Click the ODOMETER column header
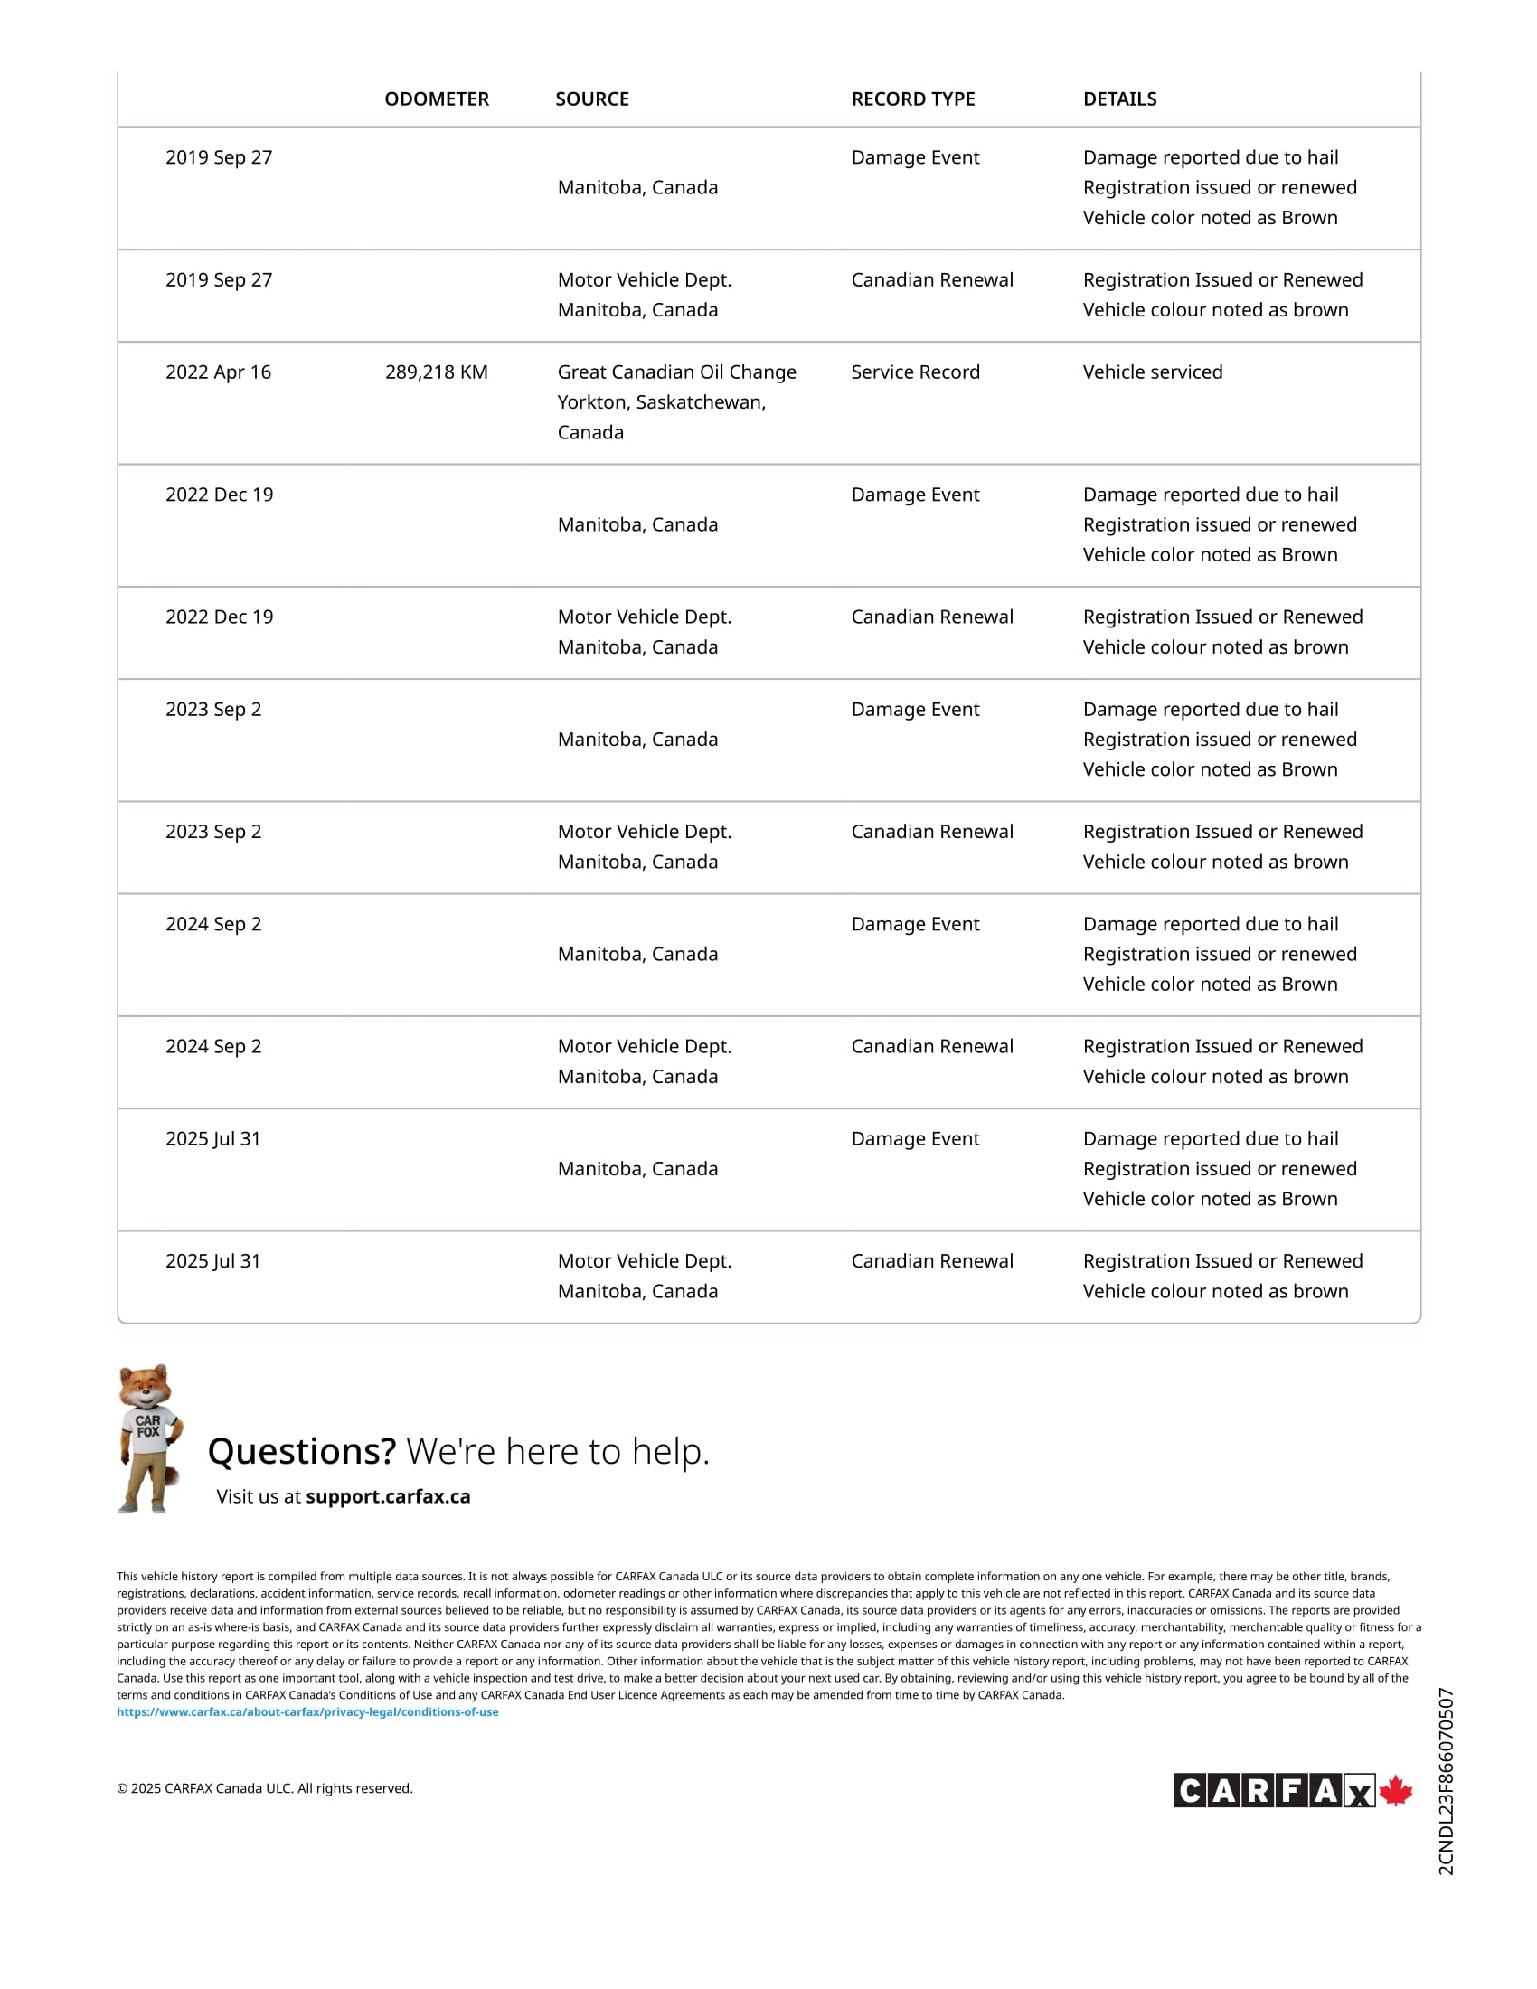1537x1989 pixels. point(436,99)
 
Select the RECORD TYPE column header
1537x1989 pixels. point(912,99)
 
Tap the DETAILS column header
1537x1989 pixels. point(1119,99)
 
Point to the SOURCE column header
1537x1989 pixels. point(592,99)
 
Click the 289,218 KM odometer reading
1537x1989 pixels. point(436,372)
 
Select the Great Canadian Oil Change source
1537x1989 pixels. point(676,372)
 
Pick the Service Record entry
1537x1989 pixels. point(915,372)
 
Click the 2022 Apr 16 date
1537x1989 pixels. point(219,372)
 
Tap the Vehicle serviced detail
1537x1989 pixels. point(1152,372)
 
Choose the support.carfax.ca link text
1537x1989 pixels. point(388,1496)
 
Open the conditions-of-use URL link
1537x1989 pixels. point(307,1712)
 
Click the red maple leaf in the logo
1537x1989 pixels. point(1395,1790)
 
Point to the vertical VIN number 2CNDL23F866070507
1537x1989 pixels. point(1446,1781)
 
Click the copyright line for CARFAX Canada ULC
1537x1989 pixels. point(264,1788)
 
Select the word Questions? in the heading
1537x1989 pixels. point(301,1452)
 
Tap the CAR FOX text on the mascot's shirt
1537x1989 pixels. point(147,1426)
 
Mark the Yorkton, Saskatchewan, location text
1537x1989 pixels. point(661,402)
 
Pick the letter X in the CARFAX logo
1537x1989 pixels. point(1359,1793)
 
